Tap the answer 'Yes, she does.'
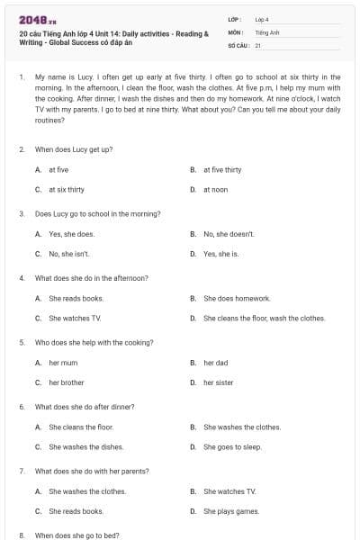click(x=71, y=234)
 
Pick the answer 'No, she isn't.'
click(x=69, y=254)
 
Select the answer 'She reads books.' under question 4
click(x=76, y=298)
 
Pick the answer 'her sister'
click(x=218, y=382)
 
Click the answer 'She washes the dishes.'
click(x=85, y=446)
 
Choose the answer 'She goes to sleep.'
click(x=232, y=446)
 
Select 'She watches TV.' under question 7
click(x=229, y=491)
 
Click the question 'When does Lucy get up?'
click(x=73, y=148)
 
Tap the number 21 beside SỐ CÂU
click(x=258, y=44)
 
